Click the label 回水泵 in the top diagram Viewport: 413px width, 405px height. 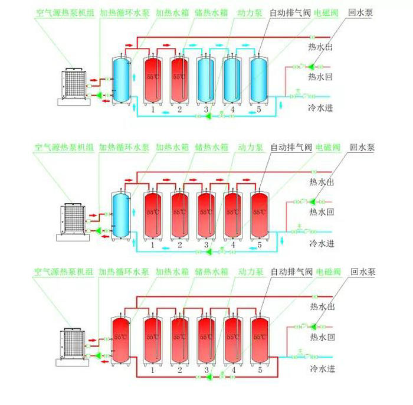point(362,11)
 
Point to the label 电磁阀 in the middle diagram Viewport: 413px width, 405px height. point(327,146)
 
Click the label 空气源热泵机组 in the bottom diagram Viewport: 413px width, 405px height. point(57,272)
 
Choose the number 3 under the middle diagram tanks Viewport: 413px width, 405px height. point(206,245)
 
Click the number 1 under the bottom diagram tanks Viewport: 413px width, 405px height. point(153,370)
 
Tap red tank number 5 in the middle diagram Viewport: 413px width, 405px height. point(259,213)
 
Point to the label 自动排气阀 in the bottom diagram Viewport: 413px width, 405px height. point(291,272)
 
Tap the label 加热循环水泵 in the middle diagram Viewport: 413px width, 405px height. point(124,146)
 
